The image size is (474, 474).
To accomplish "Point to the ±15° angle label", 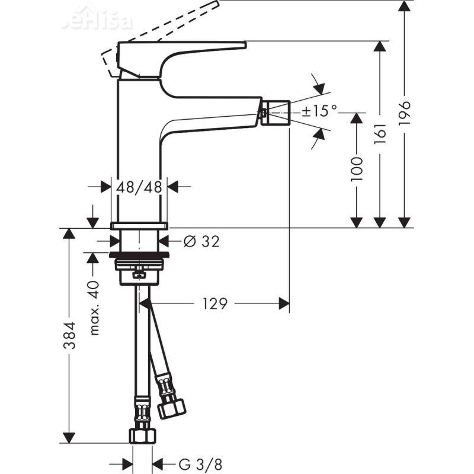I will (319, 110).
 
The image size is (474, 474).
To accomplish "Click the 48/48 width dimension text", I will (139, 187).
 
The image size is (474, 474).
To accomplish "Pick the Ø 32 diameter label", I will (201, 241).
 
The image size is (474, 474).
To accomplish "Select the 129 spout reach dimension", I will (214, 304).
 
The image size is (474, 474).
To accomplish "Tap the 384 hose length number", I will (70, 335).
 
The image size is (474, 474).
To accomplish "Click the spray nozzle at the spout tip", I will (277, 112).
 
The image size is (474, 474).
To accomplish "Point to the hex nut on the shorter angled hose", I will (172, 408).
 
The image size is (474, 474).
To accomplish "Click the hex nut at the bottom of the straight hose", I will (142, 435).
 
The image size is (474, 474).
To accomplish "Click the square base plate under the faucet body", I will (140, 225).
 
